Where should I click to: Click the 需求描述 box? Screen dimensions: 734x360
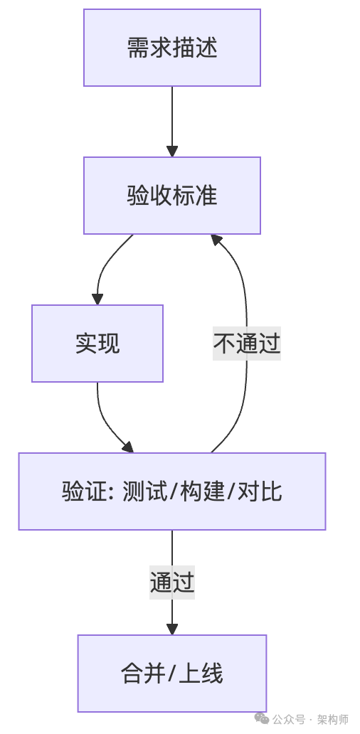172,48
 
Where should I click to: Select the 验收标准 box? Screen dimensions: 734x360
172,196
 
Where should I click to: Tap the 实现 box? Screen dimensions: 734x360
97,344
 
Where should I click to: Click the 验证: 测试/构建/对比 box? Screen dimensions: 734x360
172,491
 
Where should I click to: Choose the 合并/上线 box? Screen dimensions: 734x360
172,674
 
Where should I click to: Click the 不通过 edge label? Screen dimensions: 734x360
247,344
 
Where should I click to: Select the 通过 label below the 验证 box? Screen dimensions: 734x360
172,582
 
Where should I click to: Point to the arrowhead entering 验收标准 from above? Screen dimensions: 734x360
172,151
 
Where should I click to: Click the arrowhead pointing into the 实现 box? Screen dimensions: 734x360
97,299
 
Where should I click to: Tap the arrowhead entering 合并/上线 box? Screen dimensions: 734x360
172,629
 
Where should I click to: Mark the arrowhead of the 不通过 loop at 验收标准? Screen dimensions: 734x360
216,240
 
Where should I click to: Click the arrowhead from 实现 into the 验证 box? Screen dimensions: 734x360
128,447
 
